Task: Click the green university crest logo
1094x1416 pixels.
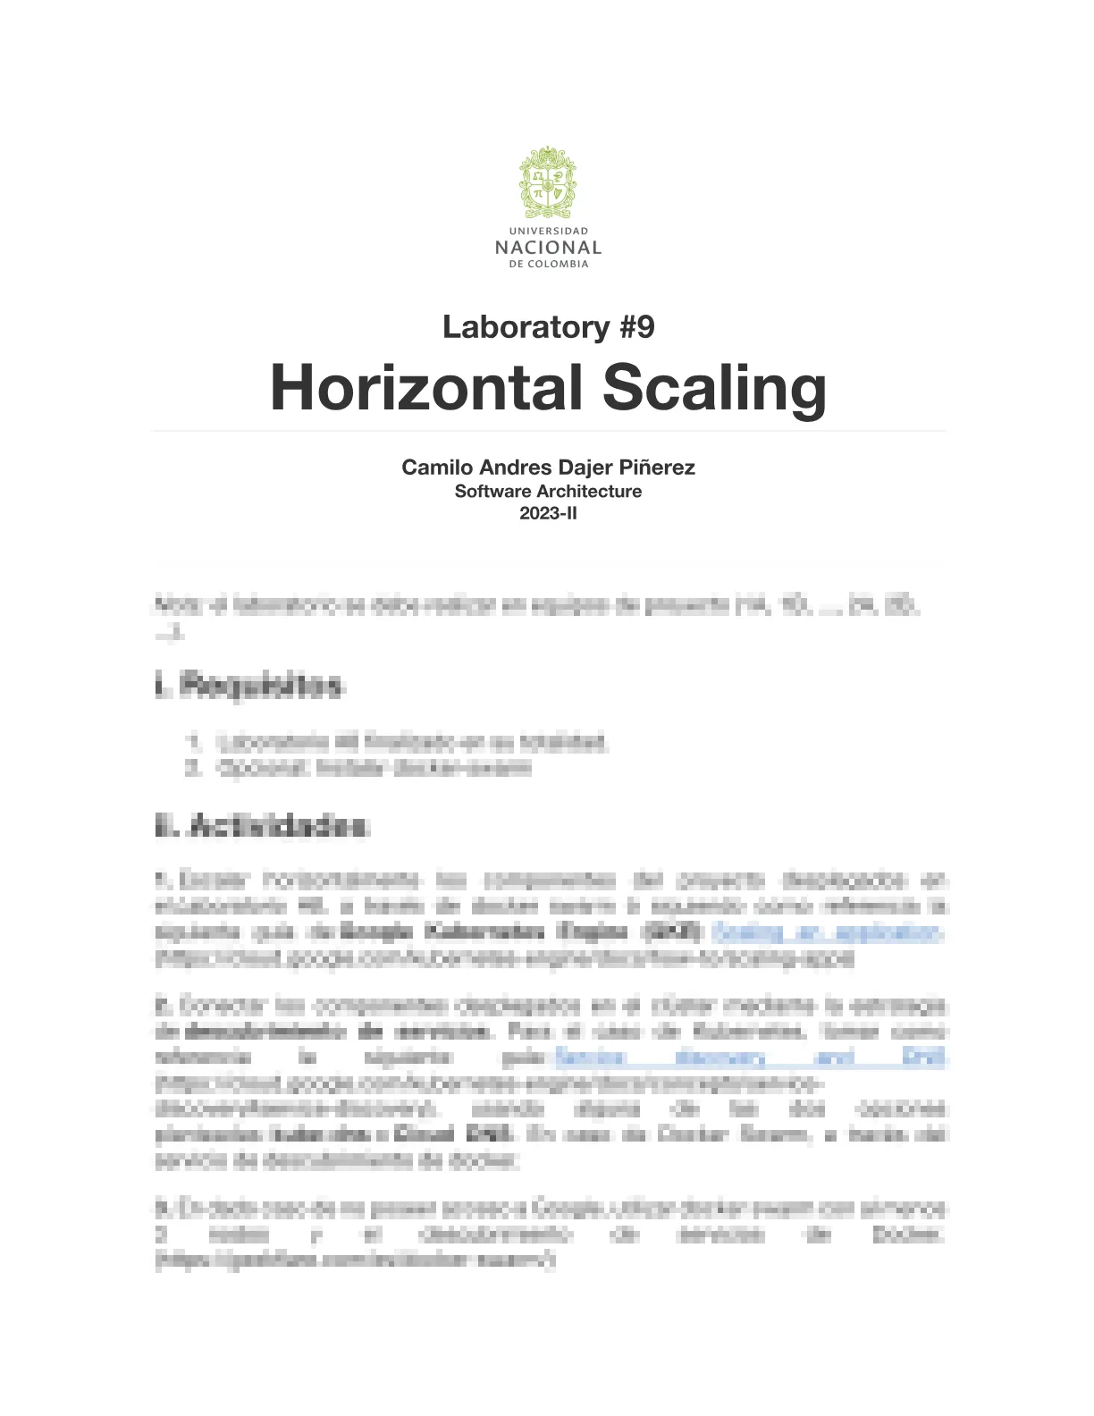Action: pyautogui.click(x=548, y=182)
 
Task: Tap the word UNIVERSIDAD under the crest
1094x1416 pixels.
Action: pyautogui.click(x=548, y=231)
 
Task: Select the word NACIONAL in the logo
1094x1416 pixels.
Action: pyautogui.click(x=548, y=248)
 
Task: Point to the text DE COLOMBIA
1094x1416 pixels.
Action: pyautogui.click(x=548, y=265)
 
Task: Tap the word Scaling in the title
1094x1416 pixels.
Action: pyautogui.click(x=714, y=388)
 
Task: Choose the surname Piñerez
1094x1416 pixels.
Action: pyautogui.click(x=657, y=468)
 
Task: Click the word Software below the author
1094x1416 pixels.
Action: pyautogui.click(x=492, y=491)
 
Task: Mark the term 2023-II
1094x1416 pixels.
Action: pyautogui.click(x=548, y=513)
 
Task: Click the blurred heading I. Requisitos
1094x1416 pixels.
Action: pyautogui.click(x=248, y=687)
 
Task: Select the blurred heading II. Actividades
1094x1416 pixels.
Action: pyautogui.click(x=261, y=826)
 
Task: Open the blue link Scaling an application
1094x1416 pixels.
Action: pyautogui.click(x=827, y=932)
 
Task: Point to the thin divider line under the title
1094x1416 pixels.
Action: pyautogui.click(x=548, y=431)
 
